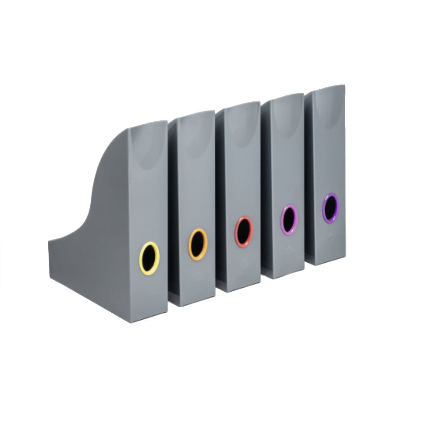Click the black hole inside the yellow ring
149,256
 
